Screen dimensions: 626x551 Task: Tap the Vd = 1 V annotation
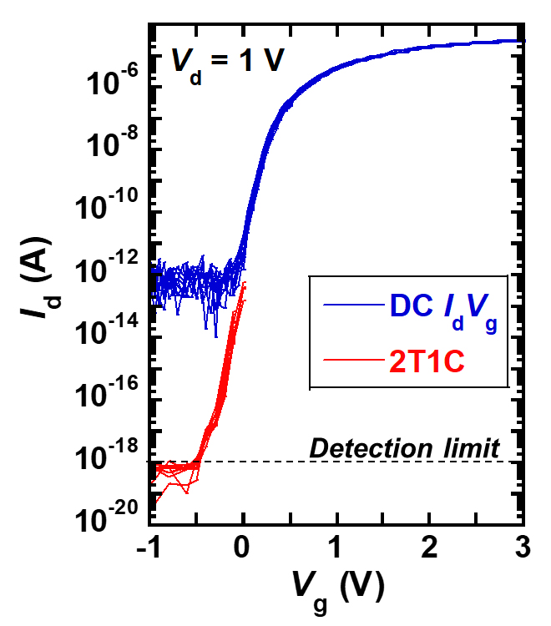pyautogui.click(x=222, y=62)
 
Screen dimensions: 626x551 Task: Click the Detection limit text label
pyautogui.click(x=405, y=448)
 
